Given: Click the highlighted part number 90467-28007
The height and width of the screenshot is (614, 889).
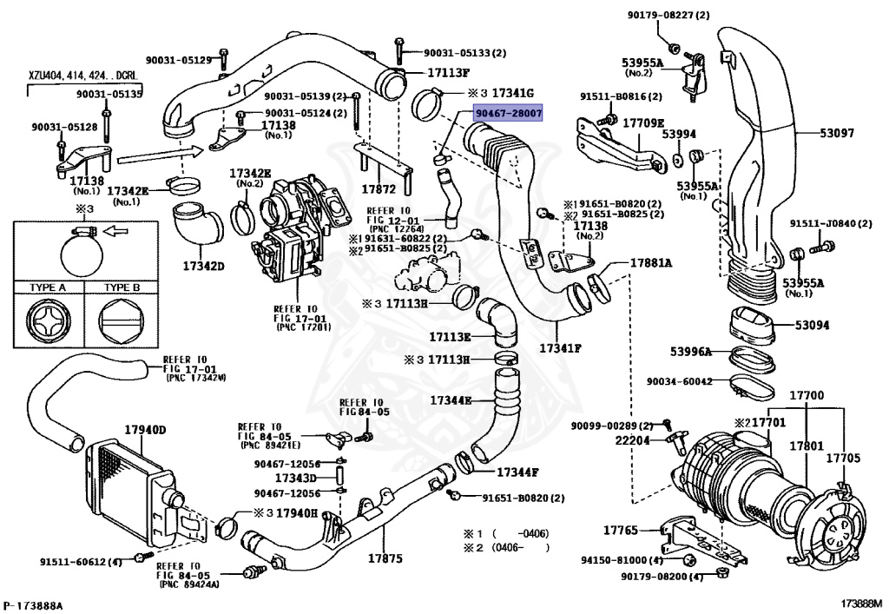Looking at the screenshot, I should pyautogui.click(x=508, y=114).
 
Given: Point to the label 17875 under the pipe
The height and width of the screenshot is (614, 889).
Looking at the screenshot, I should pyautogui.click(x=385, y=558).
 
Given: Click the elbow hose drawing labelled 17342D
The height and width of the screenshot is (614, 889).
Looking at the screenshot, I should pyautogui.click(x=195, y=223).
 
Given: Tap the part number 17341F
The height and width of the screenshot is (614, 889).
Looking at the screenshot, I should pyautogui.click(x=560, y=347).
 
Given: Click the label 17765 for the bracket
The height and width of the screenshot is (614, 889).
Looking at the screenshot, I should pyautogui.click(x=621, y=529).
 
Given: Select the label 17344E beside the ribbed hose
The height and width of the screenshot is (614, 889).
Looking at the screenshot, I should pyautogui.click(x=451, y=400).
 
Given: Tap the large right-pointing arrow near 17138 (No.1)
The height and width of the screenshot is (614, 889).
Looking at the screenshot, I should pyautogui.click(x=158, y=157).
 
